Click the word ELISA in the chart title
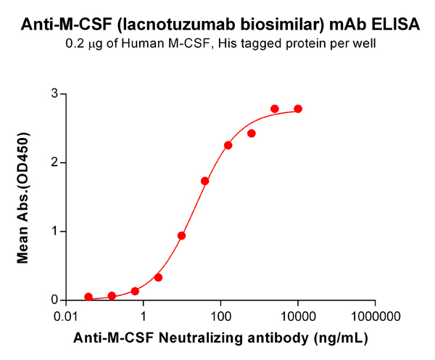point(394,25)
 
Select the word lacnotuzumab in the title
point(157,25)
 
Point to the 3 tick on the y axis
point(54,94)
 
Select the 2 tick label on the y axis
point(54,163)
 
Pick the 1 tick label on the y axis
point(54,232)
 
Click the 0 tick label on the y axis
point(54,300)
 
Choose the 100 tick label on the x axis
point(220,316)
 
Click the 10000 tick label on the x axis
point(298,316)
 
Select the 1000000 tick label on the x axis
point(375,316)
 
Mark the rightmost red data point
point(298,109)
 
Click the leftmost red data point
point(88,297)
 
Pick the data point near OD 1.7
point(205,181)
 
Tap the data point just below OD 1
point(182,235)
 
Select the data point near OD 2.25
point(228,145)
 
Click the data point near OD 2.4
point(252,134)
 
